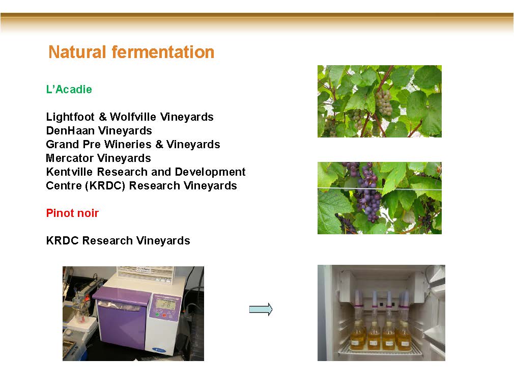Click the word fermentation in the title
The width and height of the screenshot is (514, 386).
163,52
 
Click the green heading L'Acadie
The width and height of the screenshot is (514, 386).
69,89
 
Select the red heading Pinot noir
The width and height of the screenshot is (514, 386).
72,213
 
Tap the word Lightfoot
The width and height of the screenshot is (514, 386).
70,117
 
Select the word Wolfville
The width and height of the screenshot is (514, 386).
133,117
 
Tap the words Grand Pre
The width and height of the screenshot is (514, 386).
73,144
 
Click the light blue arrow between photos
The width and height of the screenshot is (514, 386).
261,309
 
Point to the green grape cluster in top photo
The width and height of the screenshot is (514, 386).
383,103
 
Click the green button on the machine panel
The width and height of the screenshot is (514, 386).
157,315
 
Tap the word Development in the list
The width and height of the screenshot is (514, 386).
210,172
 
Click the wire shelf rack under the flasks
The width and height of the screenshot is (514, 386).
380,350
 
